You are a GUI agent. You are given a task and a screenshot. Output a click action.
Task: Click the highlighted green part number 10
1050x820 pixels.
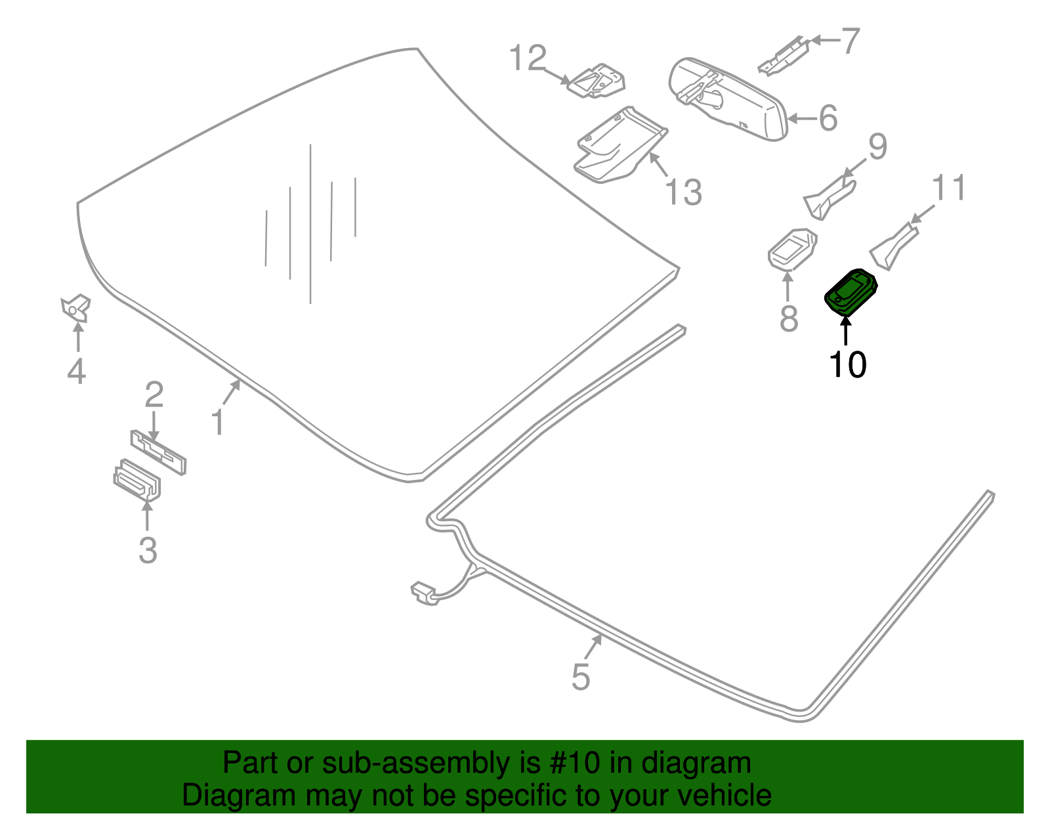click(x=850, y=291)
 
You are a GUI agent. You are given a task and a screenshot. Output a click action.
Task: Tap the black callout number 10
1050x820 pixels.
click(x=847, y=365)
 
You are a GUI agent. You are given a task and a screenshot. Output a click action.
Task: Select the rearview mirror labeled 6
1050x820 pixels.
click(x=728, y=98)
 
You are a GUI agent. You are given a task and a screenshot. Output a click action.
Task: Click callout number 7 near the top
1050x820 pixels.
click(x=850, y=41)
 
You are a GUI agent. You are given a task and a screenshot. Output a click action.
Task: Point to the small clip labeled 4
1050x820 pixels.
click(x=75, y=307)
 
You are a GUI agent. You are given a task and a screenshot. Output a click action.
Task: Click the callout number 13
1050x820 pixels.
click(x=683, y=193)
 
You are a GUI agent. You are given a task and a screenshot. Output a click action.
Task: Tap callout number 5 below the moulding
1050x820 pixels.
click(x=581, y=677)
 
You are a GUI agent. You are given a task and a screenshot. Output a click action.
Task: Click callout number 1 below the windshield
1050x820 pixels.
click(x=218, y=422)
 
